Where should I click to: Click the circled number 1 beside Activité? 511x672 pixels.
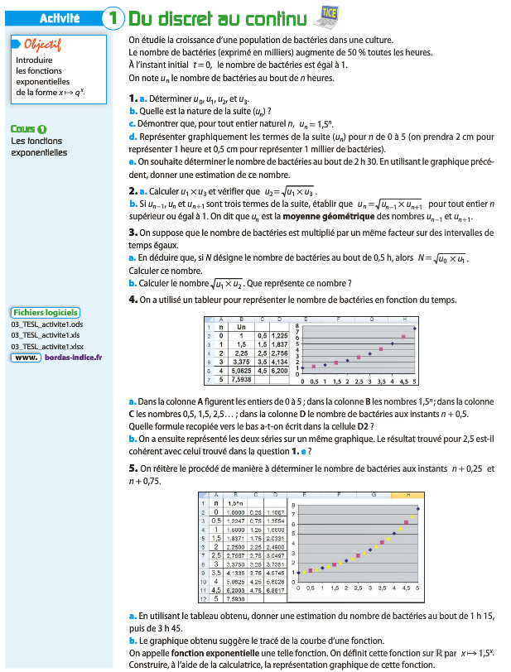click(x=113, y=18)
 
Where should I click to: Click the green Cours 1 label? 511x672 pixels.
click(x=29, y=128)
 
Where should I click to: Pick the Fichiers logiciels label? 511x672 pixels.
click(x=46, y=312)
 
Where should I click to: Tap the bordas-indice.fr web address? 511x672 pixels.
click(x=70, y=358)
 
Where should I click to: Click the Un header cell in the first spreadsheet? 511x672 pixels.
click(x=241, y=327)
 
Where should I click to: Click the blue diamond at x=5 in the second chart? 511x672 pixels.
click(x=418, y=509)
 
